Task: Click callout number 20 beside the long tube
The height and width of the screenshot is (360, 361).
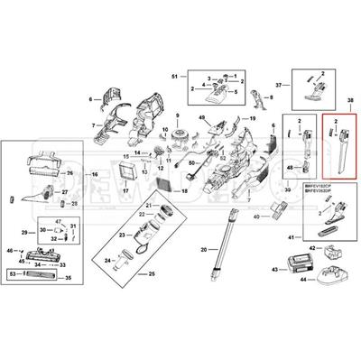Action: [203, 249]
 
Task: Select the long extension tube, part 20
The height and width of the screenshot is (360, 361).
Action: [227, 238]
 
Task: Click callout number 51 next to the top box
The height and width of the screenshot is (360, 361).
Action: [175, 78]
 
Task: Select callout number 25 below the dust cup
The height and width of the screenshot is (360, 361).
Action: [152, 273]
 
